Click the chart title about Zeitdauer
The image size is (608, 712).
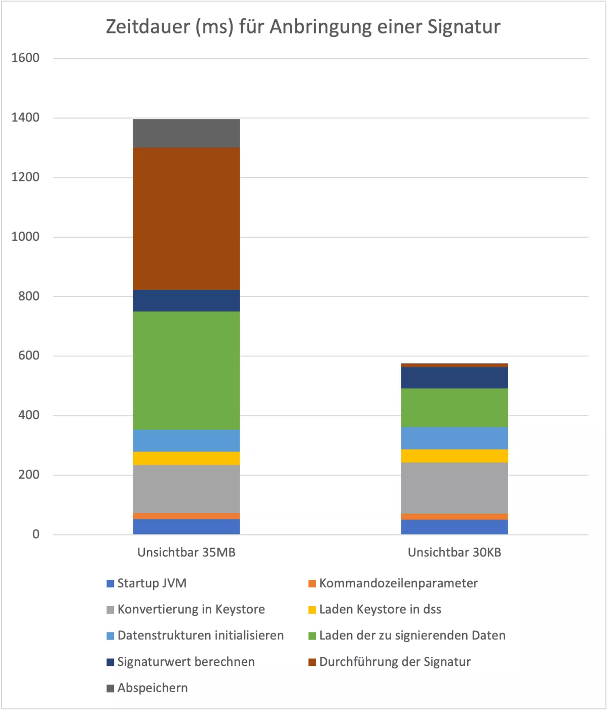click(x=303, y=27)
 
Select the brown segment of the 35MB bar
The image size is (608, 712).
click(x=186, y=218)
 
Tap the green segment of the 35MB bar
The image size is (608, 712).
click(x=186, y=370)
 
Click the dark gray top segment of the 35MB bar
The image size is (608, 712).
click(x=186, y=133)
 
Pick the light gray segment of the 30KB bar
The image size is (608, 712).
click(x=454, y=488)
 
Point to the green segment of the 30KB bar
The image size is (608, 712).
click(x=454, y=407)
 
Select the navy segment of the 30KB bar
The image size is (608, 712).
click(x=454, y=378)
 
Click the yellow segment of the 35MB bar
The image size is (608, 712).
click(x=186, y=458)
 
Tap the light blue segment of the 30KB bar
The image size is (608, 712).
click(x=454, y=438)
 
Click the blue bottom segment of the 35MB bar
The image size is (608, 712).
click(x=186, y=527)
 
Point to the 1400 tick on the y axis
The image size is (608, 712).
click(x=25, y=118)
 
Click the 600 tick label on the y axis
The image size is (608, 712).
click(x=28, y=356)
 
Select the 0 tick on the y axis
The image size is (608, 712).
click(x=35, y=534)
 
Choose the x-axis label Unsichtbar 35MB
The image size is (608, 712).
click(x=186, y=552)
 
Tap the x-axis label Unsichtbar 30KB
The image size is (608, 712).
click(x=454, y=552)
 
